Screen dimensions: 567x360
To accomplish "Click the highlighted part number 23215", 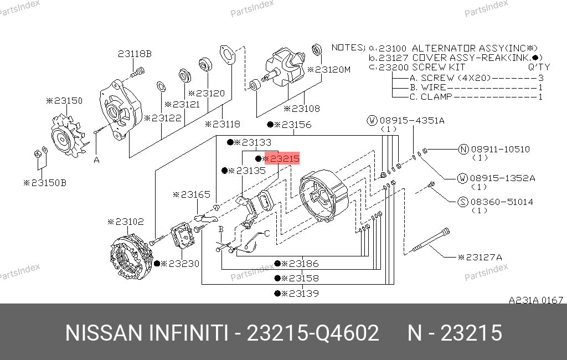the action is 282,158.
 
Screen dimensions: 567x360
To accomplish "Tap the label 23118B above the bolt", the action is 135,54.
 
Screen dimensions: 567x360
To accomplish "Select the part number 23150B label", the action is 45,183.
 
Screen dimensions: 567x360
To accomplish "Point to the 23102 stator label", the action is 126,222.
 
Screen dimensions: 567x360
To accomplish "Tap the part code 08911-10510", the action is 500,149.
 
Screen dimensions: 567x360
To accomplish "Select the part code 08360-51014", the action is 502,202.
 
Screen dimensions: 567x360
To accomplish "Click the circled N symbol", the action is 463,149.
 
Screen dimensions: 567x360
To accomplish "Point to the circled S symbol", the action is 463,202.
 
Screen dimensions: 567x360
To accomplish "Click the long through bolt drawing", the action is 431,239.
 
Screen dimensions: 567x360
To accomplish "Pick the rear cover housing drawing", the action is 323,196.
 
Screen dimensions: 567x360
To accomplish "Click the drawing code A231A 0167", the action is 536,300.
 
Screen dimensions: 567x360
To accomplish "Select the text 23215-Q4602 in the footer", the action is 313,333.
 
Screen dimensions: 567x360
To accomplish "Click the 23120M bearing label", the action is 329,69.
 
